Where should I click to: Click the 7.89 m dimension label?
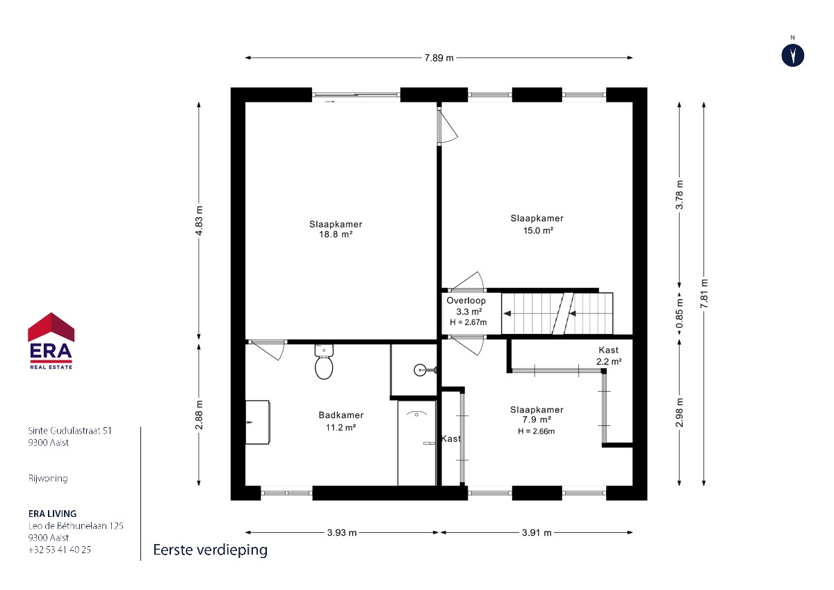(x=439, y=58)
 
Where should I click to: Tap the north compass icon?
(x=793, y=56)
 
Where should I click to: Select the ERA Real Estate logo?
(x=51, y=341)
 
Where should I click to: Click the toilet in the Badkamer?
(x=324, y=361)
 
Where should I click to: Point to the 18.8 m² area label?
(x=336, y=234)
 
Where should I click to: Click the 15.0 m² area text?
(x=538, y=231)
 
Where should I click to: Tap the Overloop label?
(x=466, y=301)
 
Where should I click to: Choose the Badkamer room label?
(x=341, y=415)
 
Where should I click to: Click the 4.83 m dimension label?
(x=199, y=221)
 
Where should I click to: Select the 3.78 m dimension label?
(x=680, y=194)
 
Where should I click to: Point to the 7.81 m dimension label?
(x=703, y=294)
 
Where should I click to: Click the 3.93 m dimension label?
(x=342, y=533)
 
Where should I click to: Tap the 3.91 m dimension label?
(x=537, y=533)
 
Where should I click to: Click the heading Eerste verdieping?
(x=211, y=550)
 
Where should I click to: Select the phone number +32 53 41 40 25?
(x=60, y=550)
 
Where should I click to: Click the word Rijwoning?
(x=48, y=478)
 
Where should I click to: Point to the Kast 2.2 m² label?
(x=609, y=356)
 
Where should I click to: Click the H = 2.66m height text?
(x=536, y=431)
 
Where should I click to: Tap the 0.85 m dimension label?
(x=680, y=313)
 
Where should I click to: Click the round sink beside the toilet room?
(x=420, y=369)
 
